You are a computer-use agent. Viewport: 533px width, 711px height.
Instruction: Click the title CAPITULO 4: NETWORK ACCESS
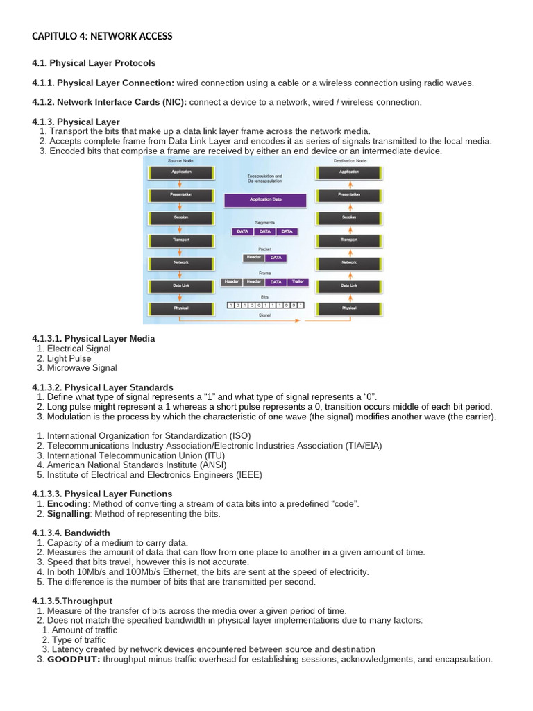(102, 36)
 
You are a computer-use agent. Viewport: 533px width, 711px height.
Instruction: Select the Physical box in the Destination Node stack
(348, 308)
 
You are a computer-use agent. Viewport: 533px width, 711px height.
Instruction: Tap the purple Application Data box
(264, 200)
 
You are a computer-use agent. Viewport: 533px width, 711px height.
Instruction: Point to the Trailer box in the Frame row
(298, 283)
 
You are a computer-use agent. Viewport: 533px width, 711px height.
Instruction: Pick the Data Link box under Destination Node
(348, 285)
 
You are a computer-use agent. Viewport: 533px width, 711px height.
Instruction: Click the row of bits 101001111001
(264, 305)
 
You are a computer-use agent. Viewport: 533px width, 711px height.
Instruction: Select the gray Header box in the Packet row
(253, 258)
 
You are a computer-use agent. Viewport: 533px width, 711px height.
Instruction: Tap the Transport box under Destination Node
(348, 240)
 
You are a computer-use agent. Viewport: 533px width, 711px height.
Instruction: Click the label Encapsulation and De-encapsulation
(264, 178)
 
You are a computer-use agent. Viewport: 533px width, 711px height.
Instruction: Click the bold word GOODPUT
(74, 659)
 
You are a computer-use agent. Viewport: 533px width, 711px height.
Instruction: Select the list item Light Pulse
(69, 358)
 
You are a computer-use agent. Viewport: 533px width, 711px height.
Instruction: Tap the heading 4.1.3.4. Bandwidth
(71, 533)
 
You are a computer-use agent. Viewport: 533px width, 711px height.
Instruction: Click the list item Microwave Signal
(82, 368)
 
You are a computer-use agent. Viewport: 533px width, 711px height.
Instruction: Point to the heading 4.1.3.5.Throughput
(72, 601)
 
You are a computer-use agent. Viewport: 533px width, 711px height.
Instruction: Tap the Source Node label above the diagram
(180, 160)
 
